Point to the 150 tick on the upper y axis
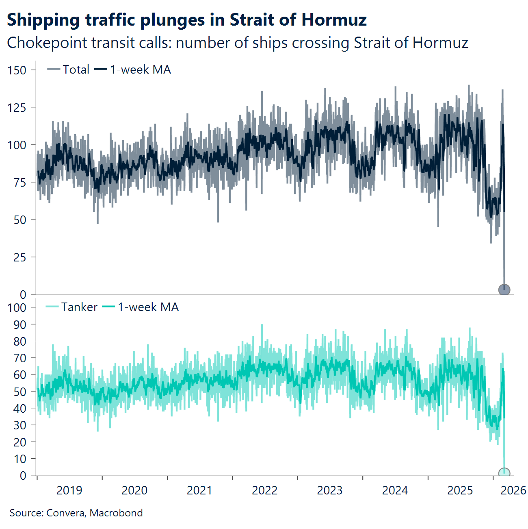17,70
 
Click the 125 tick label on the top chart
17,107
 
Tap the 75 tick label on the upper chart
19,182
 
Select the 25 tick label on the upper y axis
19,257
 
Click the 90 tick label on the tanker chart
19,324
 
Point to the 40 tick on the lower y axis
19,408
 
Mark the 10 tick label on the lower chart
19,459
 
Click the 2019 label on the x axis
69,490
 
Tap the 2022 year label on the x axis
264,490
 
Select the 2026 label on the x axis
513,490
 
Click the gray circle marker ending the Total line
504,290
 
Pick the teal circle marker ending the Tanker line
504,473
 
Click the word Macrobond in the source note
116,513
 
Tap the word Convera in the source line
65,513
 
